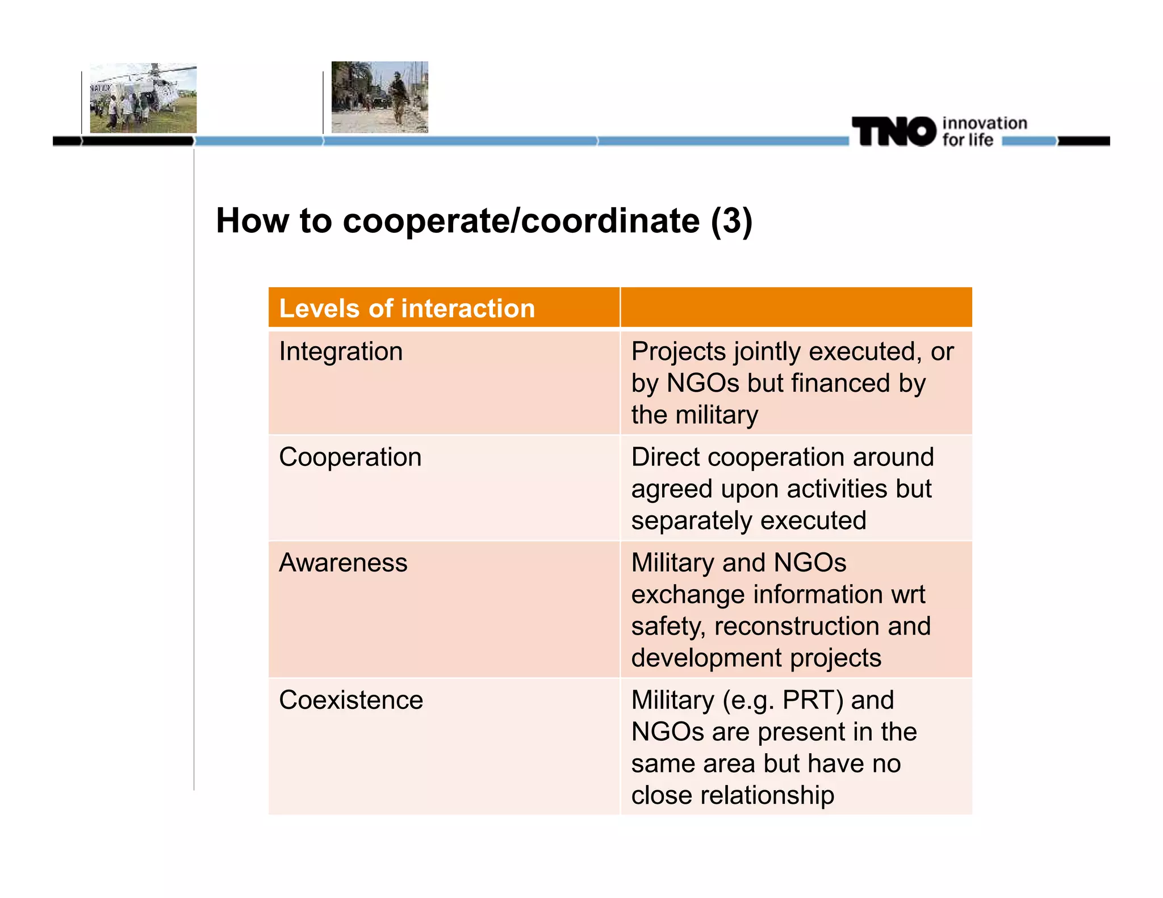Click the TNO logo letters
coord(893,132)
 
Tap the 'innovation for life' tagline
coord(984,132)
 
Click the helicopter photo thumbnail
coord(143,98)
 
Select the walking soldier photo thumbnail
coord(379,97)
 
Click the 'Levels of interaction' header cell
coord(407,308)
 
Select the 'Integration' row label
coord(341,351)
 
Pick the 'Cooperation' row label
coord(350,457)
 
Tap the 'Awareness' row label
coord(343,563)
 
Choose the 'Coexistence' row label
coord(351,700)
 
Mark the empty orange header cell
coord(796,308)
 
